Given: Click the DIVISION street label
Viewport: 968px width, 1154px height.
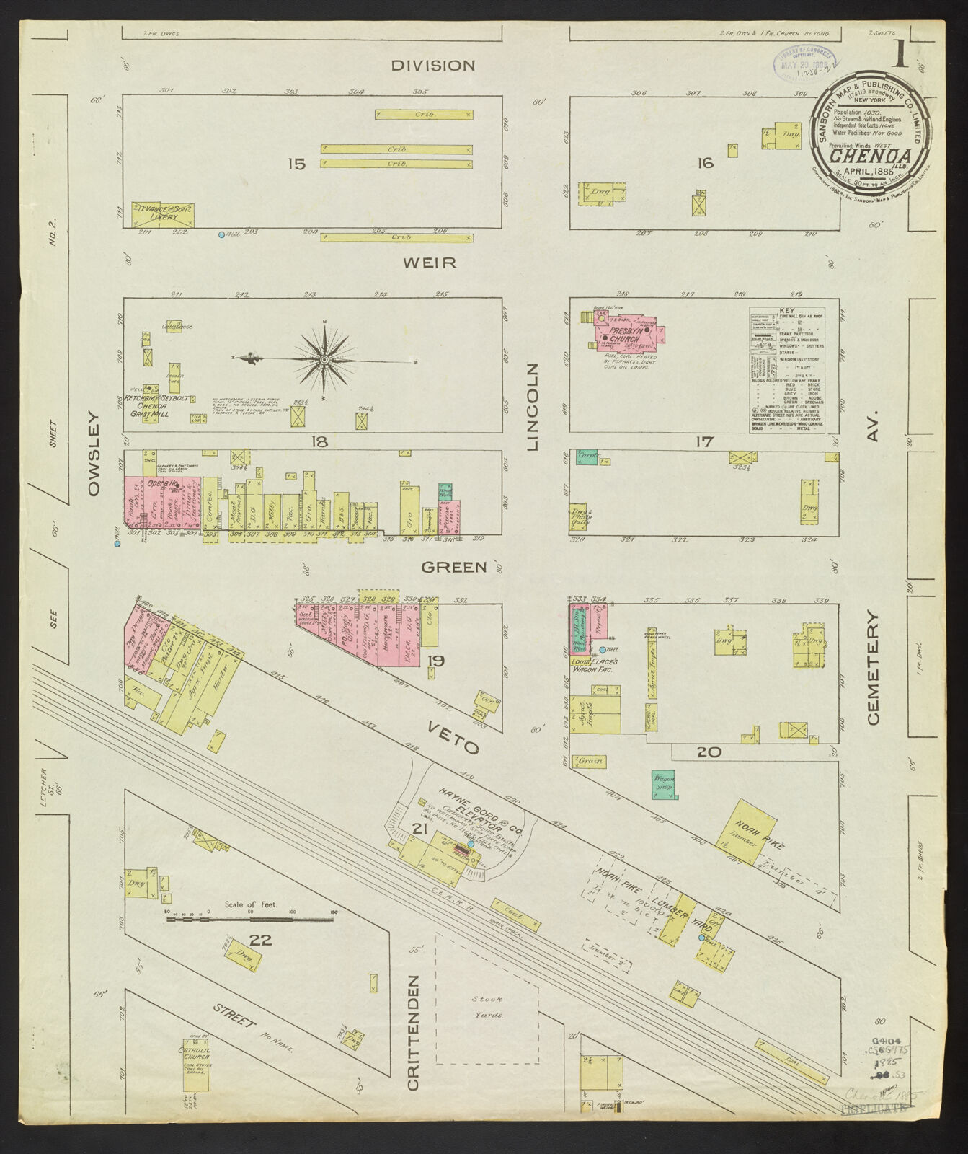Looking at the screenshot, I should point(433,66).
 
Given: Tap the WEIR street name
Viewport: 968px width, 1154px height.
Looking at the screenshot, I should point(430,263).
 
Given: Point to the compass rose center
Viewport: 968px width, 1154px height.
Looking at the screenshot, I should point(324,358).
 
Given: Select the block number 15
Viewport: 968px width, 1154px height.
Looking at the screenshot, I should point(296,164).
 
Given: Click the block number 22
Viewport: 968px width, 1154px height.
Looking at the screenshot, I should point(260,940).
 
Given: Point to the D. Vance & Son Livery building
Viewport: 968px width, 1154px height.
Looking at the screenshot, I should point(163,215).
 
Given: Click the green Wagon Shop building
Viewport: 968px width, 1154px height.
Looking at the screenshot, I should point(664,783).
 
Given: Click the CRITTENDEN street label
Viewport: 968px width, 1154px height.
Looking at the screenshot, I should point(413,1033).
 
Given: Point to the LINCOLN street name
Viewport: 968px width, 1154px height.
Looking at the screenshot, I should point(533,408).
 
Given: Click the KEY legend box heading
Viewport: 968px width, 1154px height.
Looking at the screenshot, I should point(787,312).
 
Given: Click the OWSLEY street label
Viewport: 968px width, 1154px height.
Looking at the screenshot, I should point(94,453).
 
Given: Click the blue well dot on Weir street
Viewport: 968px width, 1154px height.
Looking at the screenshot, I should point(222,235).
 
